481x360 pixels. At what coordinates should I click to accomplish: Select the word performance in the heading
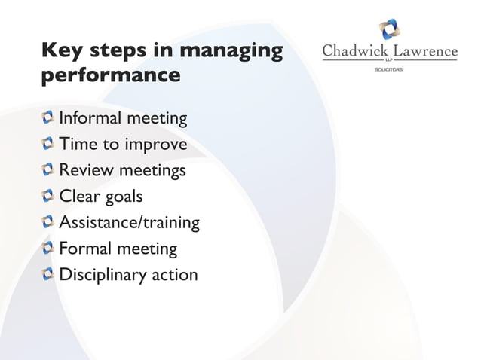(111, 77)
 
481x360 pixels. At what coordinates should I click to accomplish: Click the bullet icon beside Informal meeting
(48, 117)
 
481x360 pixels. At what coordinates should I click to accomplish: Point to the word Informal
(89, 118)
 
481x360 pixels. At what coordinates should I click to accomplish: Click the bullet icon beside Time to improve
(48, 144)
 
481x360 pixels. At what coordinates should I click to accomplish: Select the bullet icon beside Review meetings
(48, 170)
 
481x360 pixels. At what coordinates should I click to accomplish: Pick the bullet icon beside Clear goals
(48, 197)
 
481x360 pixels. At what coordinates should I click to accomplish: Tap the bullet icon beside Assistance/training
(48, 222)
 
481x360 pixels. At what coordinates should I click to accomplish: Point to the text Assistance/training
(129, 223)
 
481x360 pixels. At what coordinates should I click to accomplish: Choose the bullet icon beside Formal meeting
(48, 248)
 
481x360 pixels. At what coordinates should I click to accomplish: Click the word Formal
(85, 248)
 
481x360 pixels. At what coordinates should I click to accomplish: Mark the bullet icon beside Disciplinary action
(48, 274)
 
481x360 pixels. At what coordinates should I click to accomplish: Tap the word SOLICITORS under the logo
(389, 69)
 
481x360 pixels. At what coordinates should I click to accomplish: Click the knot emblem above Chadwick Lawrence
(390, 29)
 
